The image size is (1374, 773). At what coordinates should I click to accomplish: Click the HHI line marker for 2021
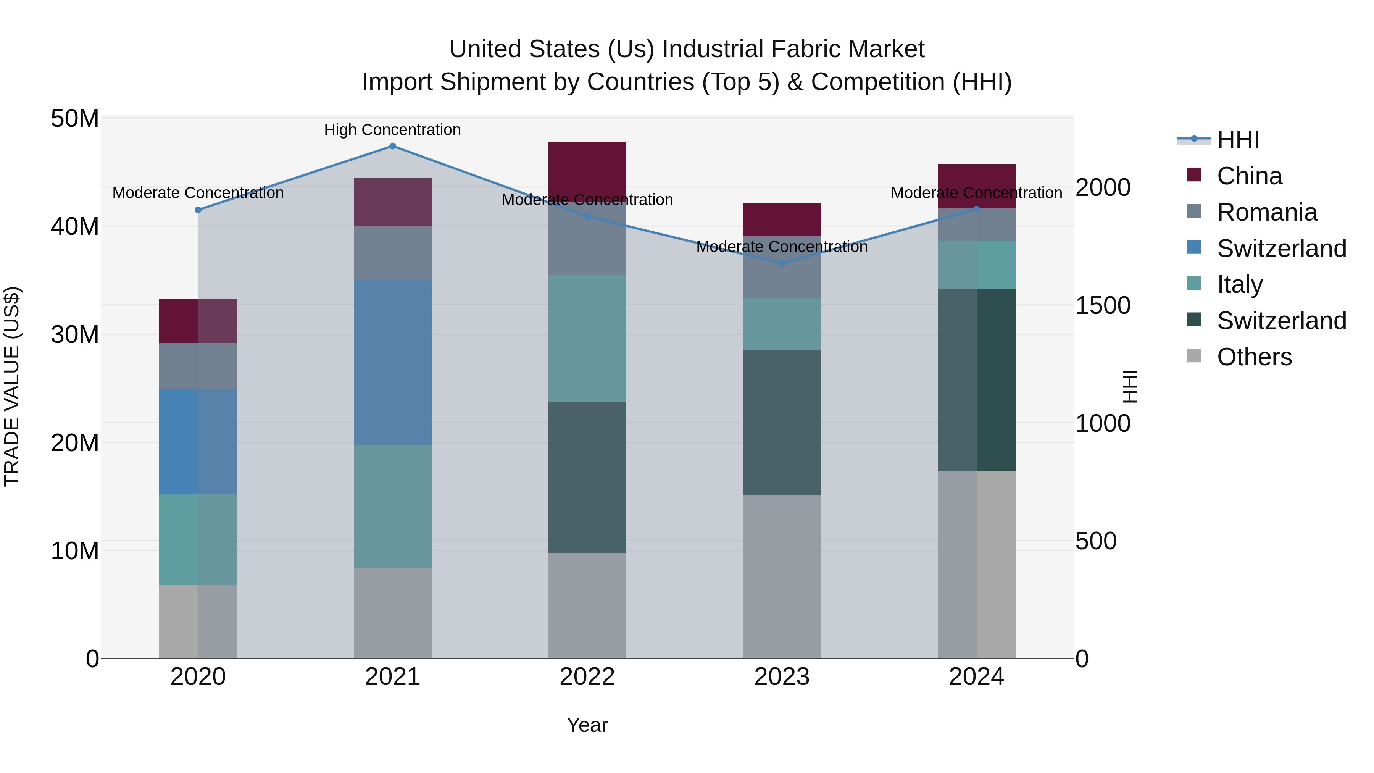pos(393,146)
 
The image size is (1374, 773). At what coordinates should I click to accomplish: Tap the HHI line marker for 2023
pos(782,263)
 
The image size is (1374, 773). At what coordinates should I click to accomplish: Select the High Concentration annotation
pos(393,130)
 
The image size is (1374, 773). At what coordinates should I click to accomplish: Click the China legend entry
pos(1249,176)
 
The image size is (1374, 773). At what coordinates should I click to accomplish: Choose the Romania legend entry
pos(1267,212)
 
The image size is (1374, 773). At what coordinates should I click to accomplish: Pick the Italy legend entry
pos(1240,284)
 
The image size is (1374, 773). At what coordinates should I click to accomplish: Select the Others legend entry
pos(1254,357)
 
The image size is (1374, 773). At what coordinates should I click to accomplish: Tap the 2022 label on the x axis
pos(587,677)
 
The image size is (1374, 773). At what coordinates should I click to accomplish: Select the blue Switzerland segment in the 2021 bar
pos(393,362)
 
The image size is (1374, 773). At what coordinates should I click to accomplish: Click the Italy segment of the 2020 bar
pos(198,539)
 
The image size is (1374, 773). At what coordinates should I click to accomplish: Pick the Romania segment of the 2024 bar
pos(977,224)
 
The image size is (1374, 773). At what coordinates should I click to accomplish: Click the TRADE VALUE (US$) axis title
pos(12,386)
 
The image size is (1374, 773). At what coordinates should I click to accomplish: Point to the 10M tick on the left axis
pos(75,550)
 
